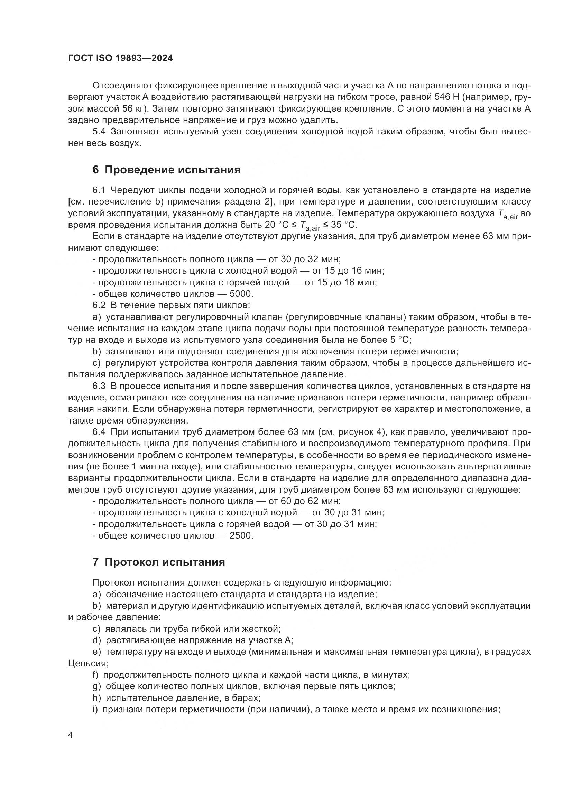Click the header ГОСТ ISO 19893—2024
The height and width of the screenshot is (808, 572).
pyautogui.click(x=120, y=58)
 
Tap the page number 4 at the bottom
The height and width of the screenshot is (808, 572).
pyautogui.click(x=70, y=735)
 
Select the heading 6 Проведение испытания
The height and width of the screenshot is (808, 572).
pyautogui.click(x=166, y=170)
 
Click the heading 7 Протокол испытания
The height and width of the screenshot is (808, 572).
pyautogui.click(x=158, y=562)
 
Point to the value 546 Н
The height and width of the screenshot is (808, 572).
pyautogui.click(x=448, y=97)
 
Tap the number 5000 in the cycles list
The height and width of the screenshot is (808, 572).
pyautogui.click(x=241, y=294)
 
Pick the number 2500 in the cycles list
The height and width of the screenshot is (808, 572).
pyautogui.click(x=241, y=536)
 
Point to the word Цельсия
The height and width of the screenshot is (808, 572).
pyautogui.click(x=87, y=663)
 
